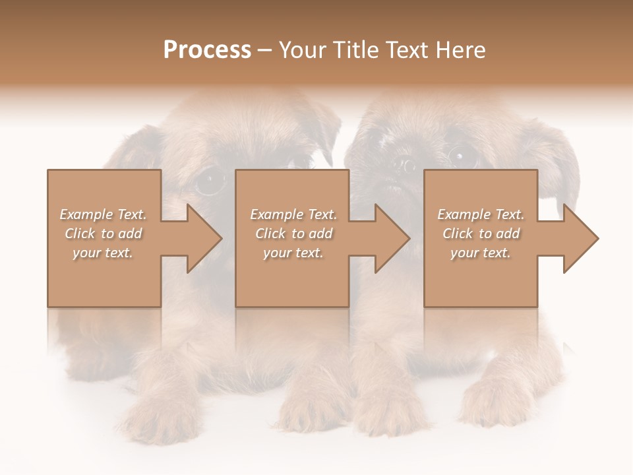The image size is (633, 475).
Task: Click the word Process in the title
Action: click(207, 50)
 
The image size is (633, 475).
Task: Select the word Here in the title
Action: click(460, 50)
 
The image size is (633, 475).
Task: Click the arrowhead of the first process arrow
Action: click(204, 238)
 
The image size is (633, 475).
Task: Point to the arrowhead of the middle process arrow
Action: click(392, 238)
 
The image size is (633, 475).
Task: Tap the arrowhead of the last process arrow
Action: click(581, 238)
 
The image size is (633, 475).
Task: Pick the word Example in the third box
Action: click(462, 214)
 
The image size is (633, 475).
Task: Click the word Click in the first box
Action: click(80, 234)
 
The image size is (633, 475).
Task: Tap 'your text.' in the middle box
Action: click(293, 253)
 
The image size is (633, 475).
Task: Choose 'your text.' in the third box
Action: click(481, 253)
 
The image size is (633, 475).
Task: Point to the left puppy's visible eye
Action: click(210, 179)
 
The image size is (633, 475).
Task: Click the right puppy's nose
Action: click(404, 165)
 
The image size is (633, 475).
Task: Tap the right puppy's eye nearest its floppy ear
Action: click(459, 156)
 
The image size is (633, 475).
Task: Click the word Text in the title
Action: click(409, 50)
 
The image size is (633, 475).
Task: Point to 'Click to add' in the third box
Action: click(481, 234)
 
